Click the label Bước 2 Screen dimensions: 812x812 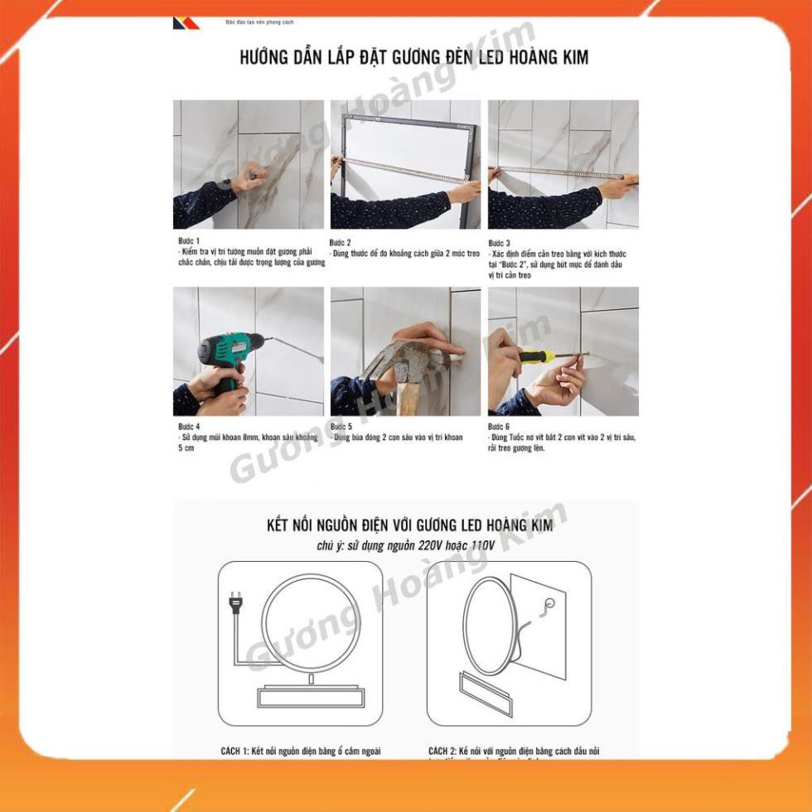point(341,242)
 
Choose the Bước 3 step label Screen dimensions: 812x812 point(498,243)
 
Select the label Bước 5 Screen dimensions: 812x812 point(341,427)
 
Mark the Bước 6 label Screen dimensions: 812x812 point(498,427)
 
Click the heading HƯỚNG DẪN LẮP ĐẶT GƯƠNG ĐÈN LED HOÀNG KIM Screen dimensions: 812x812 point(414,58)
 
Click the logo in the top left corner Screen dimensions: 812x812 point(186,23)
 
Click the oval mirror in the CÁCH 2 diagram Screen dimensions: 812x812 point(491,626)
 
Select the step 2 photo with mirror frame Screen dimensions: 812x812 point(405,164)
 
